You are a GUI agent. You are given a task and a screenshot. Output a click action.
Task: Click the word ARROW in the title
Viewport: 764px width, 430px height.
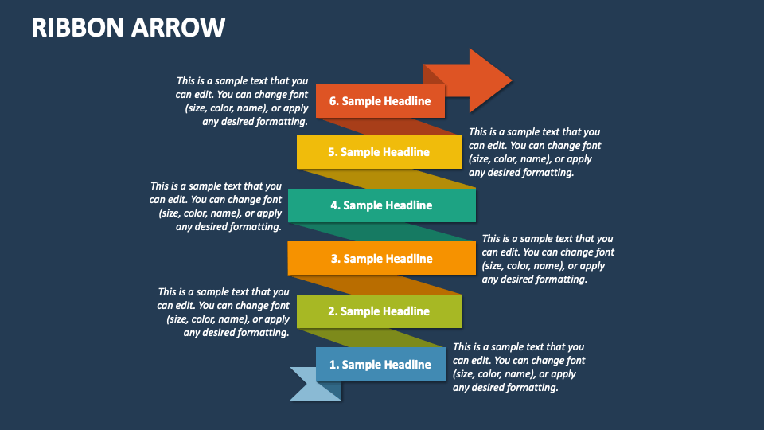pos(185,28)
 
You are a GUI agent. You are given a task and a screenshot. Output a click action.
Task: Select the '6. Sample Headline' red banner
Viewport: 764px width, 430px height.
pos(380,101)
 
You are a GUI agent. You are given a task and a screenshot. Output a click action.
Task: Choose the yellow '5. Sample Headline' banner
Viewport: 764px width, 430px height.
pos(379,152)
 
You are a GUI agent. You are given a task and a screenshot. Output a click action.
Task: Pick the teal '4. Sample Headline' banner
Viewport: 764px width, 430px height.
pos(381,205)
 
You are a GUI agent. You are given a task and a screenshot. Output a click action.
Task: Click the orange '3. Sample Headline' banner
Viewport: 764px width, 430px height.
pos(381,258)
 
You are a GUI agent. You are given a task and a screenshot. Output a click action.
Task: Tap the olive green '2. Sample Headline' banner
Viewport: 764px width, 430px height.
pos(379,311)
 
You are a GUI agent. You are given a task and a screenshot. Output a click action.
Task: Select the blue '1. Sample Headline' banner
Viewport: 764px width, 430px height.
pos(380,365)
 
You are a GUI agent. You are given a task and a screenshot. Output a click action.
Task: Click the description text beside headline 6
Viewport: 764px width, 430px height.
pos(242,101)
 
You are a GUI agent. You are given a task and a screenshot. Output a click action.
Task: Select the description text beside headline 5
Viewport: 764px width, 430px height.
pos(535,152)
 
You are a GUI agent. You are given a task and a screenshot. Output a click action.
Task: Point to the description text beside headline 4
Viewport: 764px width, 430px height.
pos(216,206)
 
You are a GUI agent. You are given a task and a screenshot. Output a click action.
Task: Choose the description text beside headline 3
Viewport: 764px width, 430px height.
pos(548,259)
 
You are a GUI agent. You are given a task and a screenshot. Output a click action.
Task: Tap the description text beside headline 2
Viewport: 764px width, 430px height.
pos(224,312)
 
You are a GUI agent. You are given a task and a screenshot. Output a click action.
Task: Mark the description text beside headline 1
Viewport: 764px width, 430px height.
pos(519,367)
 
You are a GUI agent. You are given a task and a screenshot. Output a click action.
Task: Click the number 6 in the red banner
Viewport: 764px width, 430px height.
pos(333,101)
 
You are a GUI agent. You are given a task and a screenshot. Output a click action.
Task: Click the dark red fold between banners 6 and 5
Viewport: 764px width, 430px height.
pos(382,127)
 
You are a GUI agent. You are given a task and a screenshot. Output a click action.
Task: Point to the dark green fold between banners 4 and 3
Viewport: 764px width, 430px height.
pos(382,232)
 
